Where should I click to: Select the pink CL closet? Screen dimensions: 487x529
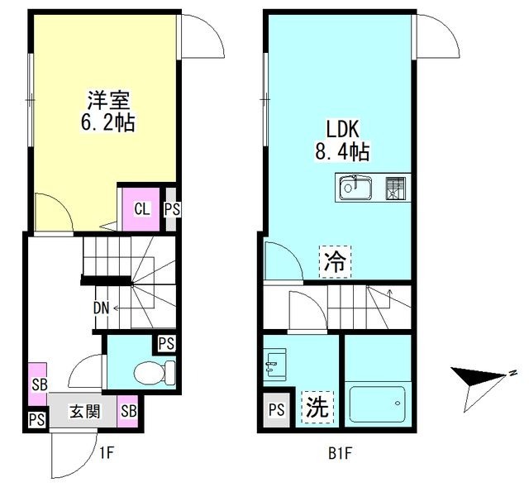pyautogui.click(x=141, y=208)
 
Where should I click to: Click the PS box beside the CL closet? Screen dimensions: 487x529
pyautogui.click(x=170, y=209)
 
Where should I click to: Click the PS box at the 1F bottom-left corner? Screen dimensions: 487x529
pyautogui.click(x=36, y=420)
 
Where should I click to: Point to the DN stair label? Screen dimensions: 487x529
pyautogui.click(x=102, y=308)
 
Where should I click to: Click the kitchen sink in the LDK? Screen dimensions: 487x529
pyautogui.click(x=355, y=189)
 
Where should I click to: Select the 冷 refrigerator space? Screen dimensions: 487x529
pyautogui.click(x=335, y=264)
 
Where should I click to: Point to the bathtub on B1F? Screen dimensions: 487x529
pyautogui.click(x=378, y=403)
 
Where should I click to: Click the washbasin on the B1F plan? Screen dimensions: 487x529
pyautogui.click(x=274, y=364)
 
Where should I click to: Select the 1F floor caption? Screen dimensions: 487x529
pyautogui.click(x=106, y=452)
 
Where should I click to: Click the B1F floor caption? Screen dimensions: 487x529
pyautogui.click(x=340, y=452)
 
